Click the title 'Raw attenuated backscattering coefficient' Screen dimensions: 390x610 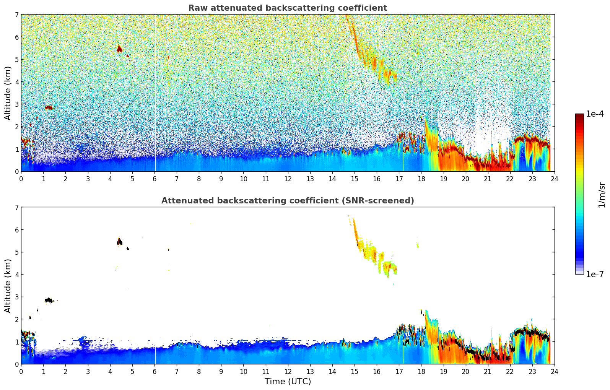click(x=287, y=8)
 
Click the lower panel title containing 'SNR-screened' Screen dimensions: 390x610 click(x=287, y=201)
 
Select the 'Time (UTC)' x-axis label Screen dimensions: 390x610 click(x=288, y=382)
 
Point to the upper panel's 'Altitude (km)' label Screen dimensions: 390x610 click(x=8, y=93)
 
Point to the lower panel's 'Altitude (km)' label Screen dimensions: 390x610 click(x=8, y=286)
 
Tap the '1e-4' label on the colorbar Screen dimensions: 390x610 click(x=595, y=114)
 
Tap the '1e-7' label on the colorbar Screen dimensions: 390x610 click(x=595, y=274)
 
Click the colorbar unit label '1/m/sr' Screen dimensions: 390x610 click(x=602, y=195)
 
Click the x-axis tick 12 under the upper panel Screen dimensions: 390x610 click(x=288, y=179)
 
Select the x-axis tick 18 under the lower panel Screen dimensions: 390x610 click(x=421, y=371)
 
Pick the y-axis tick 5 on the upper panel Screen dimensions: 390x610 click(x=16, y=59)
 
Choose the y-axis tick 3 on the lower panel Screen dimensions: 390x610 click(x=16, y=297)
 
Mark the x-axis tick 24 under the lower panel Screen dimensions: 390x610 click(x=554, y=371)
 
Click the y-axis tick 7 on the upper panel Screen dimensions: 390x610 click(x=16, y=15)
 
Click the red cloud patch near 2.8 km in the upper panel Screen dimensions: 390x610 click(x=49, y=108)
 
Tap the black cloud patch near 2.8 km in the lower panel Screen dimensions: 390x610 click(x=49, y=301)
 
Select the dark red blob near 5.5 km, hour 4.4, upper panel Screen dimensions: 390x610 click(x=119, y=49)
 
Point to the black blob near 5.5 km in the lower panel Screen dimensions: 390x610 click(x=120, y=242)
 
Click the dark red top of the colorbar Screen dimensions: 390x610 click(x=579, y=116)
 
